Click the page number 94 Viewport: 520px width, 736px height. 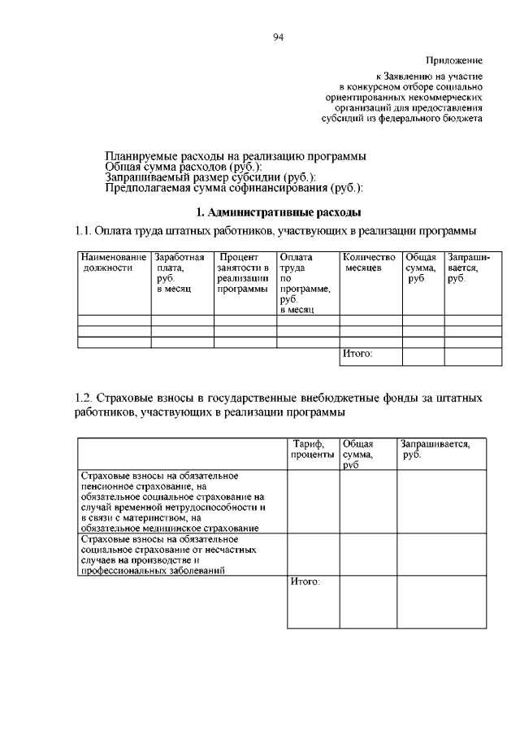pyautogui.click(x=278, y=36)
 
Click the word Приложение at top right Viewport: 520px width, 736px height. pyautogui.click(x=453, y=60)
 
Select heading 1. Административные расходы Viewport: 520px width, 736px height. pyautogui.click(x=279, y=212)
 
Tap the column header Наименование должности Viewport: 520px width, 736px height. pyautogui.click(x=114, y=263)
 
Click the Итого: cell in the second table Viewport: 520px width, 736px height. pyautogui.click(x=306, y=581)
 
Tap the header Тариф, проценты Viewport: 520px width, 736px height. pyautogui.click(x=311, y=449)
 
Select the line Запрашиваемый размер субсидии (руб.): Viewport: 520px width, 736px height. pyautogui.click(x=211, y=177)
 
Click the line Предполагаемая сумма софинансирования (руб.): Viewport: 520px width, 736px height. pyautogui.click(x=234, y=189)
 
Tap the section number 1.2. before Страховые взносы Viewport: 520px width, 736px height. pyautogui.click(x=84, y=398)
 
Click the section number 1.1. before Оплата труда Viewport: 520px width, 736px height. pyautogui.click(x=84, y=231)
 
